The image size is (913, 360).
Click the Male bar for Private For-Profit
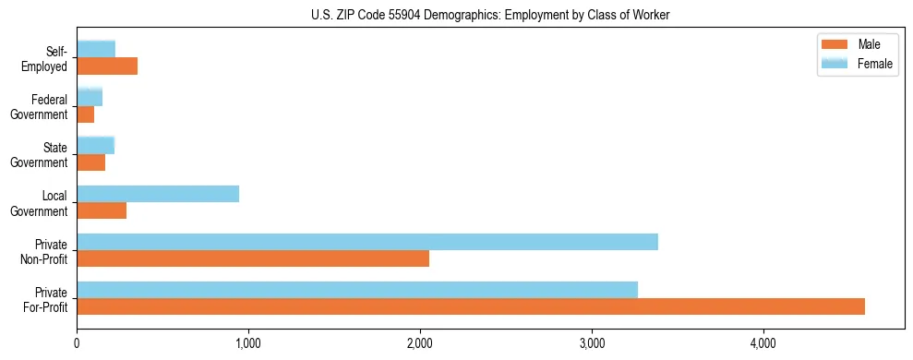471,306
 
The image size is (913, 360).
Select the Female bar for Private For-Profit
357,290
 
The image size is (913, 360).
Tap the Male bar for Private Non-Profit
253,258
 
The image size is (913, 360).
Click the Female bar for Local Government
158,194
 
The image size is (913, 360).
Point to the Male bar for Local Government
102,210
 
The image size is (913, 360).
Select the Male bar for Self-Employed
107,66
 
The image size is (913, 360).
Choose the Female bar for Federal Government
90,98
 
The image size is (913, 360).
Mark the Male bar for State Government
91,162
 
